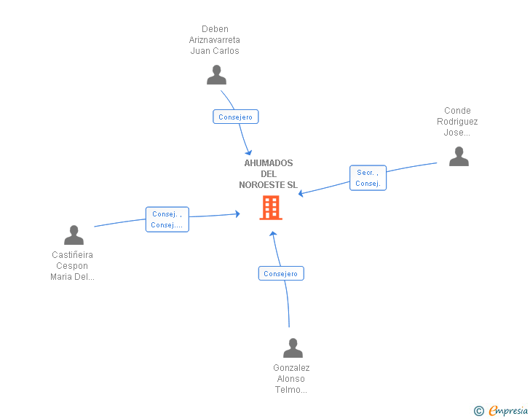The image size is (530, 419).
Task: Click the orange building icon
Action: point(271,208)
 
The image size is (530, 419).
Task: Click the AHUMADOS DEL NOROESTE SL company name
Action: point(269,174)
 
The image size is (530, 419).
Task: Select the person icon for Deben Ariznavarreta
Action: point(216,75)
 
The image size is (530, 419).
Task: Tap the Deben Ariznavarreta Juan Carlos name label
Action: point(215,40)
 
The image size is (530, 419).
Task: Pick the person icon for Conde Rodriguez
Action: point(459,157)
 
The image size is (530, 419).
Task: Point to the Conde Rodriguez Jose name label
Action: point(457,122)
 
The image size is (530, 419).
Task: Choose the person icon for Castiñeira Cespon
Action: point(74,235)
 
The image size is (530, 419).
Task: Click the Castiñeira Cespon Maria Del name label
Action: point(72,266)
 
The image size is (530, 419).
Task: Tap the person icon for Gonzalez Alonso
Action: point(293,348)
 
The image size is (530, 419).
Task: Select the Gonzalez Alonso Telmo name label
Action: point(291,379)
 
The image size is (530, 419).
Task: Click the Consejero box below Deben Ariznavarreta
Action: point(236,117)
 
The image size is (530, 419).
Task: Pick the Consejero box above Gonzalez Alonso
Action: point(281,273)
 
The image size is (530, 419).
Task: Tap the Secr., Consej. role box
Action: point(368,178)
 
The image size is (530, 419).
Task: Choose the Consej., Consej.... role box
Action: point(167,219)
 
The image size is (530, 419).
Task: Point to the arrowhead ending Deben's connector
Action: point(249,153)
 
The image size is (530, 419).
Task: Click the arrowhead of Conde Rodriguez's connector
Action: point(300,194)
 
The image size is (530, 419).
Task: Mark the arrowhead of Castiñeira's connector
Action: point(238,214)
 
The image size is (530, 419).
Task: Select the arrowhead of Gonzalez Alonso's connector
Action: point(273,233)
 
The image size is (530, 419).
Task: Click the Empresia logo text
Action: point(508,410)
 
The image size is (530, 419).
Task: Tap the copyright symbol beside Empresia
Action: point(478,411)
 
